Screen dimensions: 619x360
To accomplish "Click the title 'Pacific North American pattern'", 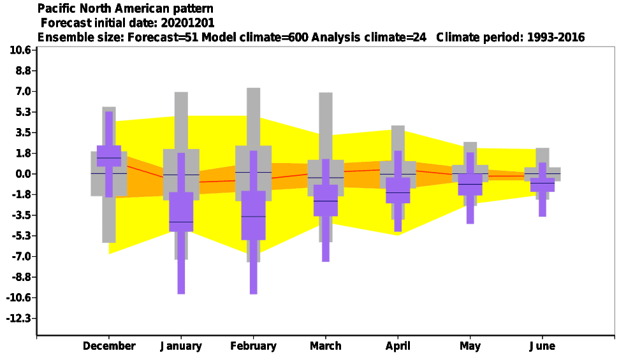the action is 126,8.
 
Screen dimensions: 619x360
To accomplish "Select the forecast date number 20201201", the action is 187,23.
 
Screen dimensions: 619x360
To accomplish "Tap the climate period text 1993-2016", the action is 556,37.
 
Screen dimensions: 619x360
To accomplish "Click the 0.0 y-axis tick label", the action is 22,174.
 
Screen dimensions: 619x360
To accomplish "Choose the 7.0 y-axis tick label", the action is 22,92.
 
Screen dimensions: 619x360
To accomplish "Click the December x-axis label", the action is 109,346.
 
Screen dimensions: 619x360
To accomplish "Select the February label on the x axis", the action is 254,346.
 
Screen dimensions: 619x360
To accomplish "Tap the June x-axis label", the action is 543,346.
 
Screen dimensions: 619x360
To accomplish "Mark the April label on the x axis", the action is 398,346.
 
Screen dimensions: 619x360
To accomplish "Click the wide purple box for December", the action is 109,156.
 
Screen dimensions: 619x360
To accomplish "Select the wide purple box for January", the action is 181,212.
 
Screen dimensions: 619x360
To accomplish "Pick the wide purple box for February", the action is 254,215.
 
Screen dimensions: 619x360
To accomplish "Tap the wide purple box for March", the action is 326,201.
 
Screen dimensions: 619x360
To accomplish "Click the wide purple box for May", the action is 470,184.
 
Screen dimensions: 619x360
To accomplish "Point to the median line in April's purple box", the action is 398,192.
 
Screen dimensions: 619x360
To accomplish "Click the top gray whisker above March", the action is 326,126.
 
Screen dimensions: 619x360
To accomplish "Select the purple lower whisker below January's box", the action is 181,263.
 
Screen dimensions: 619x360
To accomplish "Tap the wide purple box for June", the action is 543,185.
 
